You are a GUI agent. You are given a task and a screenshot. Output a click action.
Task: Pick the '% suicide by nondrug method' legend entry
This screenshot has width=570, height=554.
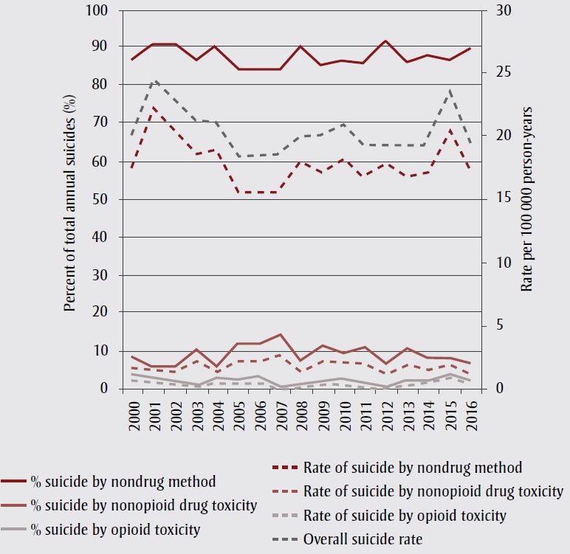pyautogui.click(x=123, y=482)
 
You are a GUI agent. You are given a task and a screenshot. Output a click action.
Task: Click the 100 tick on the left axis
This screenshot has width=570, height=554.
pyautogui.click(x=97, y=12)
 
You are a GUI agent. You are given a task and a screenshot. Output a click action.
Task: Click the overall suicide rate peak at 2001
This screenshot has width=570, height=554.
pyautogui.click(x=154, y=80)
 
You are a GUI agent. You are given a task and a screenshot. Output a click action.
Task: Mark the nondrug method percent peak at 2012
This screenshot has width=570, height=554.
pyautogui.click(x=386, y=41)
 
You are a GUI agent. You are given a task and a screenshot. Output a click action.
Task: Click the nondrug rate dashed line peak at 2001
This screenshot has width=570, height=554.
pyautogui.click(x=154, y=108)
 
